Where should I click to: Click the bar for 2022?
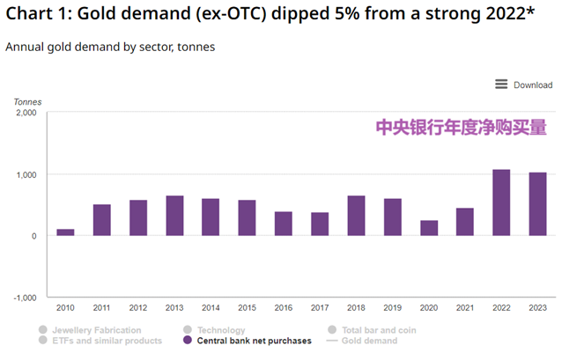pyautogui.click(x=501, y=202)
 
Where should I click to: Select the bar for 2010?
pyautogui.click(x=65, y=232)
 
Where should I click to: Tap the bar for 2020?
pyautogui.click(x=429, y=228)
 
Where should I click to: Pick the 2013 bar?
pyautogui.click(x=174, y=216)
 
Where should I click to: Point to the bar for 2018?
pyautogui.click(x=356, y=216)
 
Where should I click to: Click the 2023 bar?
pyautogui.click(x=537, y=204)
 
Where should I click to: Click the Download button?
pyautogui.click(x=533, y=85)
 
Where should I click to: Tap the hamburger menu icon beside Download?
pyautogui.click(x=501, y=84)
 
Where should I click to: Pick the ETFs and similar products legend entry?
pyautogui.click(x=106, y=341)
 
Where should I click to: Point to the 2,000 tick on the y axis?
pyautogui.click(x=26, y=114)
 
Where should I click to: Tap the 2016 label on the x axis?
pyautogui.click(x=283, y=307)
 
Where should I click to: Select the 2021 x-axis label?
pyautogui.click(x=464, y=307)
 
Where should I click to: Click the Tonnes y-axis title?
pyautogui.click(x=27, y=102)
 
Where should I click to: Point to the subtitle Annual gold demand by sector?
pyautogui.click(x=110, y=46)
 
